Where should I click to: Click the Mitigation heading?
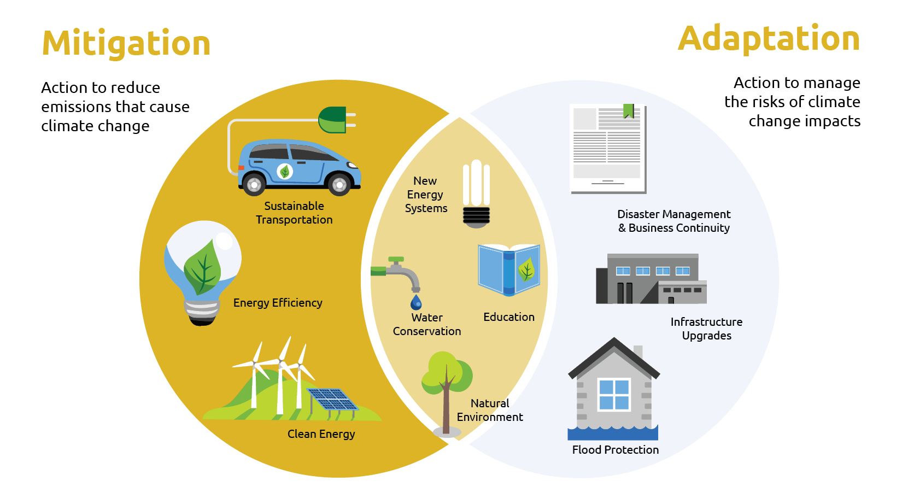[126, 44]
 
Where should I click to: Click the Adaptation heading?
[769, 39]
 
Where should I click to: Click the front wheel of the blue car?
[339, 185]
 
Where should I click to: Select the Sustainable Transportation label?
[294, 213]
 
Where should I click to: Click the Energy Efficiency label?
[278, 303]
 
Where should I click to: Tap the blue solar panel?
[331, 399]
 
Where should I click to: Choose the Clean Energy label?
[321, 434]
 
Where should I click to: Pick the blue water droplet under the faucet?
[416, 302]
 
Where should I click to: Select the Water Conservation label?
[427, 324]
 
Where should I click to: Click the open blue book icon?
[509, 270]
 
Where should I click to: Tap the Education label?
[509, 317]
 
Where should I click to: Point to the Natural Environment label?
[490, 410]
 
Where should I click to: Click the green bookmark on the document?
[629, 111]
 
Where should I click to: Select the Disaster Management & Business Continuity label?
[674, 221]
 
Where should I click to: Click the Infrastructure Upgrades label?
[706, 329]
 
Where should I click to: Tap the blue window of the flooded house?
[614, 395]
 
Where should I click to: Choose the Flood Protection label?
[616, 450]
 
